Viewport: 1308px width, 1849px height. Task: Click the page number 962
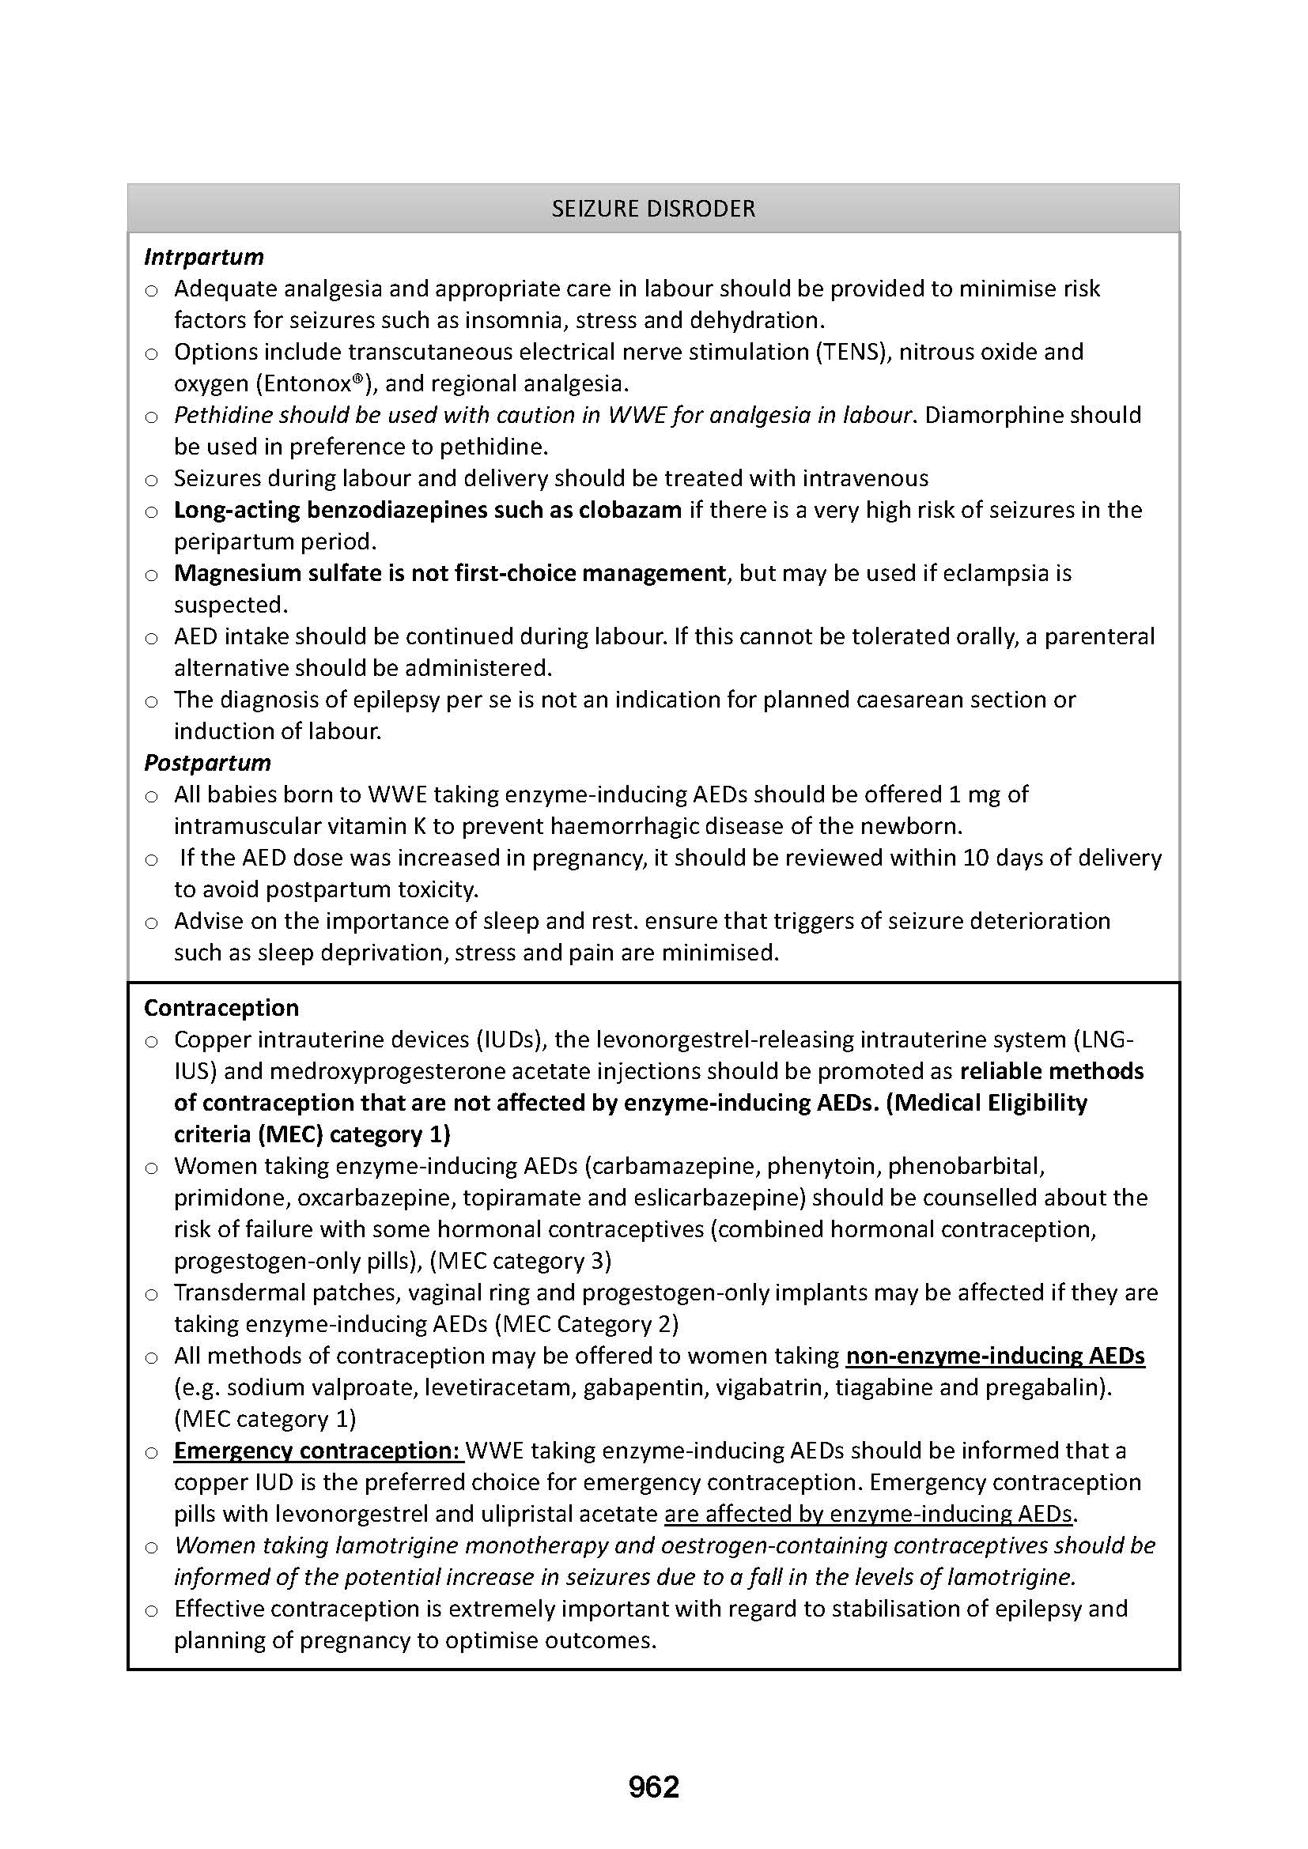coord(653,1787)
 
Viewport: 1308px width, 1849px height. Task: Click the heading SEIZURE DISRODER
coord(653,209)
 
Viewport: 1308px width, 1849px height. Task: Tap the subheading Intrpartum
coord(204,257)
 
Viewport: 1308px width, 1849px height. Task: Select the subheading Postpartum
coord(207,763)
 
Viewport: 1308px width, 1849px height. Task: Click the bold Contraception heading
coord(221,1008)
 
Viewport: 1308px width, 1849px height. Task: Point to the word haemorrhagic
coord(633,826)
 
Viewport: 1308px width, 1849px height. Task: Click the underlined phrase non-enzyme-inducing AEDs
coord(995,1357)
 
